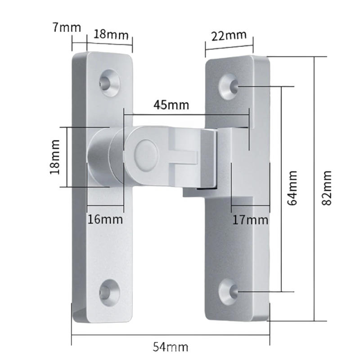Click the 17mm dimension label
click(x=250, y=220)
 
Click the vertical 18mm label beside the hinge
click(x=55, y=157)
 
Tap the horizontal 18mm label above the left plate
click(x=111, y=35)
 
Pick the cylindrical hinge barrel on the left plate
click(x=99, y=157)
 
